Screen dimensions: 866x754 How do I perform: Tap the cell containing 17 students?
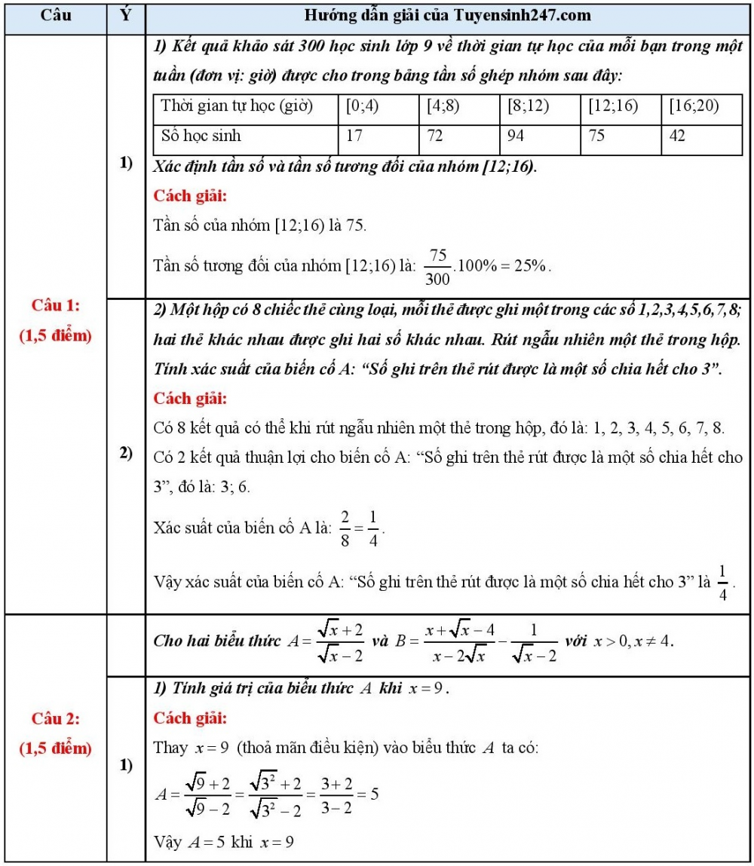click(x=354, y=136)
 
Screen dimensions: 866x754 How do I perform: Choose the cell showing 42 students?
click(x=679, y=136)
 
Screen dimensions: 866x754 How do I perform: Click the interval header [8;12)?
click(x=526, y=106)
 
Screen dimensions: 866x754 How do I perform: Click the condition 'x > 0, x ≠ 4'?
click(x=629, y=641)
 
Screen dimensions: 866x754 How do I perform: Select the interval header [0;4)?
click(x=362, y=106)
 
